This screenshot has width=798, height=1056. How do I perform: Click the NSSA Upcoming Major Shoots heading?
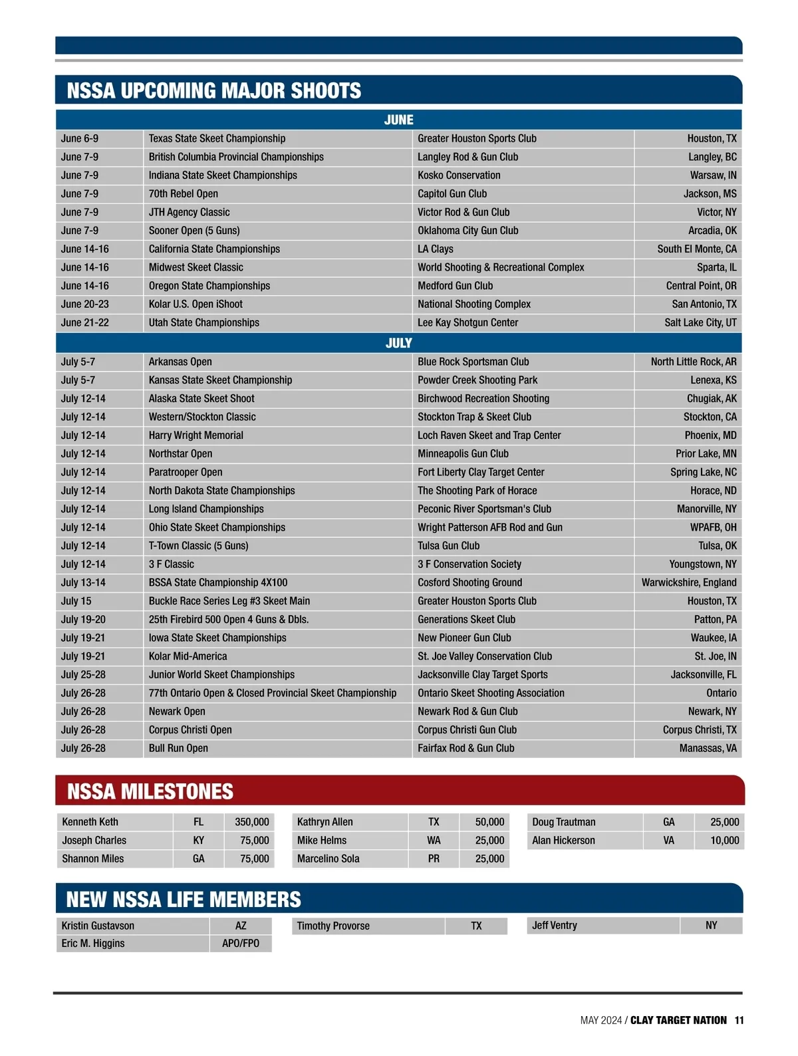point(214,91)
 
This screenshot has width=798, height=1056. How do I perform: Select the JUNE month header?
point(398,120)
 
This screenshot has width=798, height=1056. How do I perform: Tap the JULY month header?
point(398,343)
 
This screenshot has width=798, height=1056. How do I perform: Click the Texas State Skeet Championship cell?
point(217,138)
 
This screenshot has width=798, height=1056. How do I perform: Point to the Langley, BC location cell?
point(712,157)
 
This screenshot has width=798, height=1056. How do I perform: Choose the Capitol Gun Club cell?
point(452,194)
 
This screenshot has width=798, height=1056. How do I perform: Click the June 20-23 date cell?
point(85,304)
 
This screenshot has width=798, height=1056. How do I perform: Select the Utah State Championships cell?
point(204,323)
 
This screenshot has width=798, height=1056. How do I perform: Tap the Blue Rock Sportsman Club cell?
point(473,362)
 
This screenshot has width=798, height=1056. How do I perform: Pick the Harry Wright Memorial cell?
point(196,436)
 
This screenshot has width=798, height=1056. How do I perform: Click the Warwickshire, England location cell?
point(689,583)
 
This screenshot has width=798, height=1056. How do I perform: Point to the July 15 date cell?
point(76,601)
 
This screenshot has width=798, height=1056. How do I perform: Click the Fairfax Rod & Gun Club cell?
point(466,748)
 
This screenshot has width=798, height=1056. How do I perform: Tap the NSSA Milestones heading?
point(150,791)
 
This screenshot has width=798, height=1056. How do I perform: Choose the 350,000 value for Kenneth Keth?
point(252,822)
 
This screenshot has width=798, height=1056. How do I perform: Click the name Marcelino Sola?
point(329,858)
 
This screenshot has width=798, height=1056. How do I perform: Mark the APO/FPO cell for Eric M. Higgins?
point(241,944)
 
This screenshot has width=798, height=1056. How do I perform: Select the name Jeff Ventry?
point(555,925)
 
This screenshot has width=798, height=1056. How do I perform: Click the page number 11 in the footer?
point(739,1020)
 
